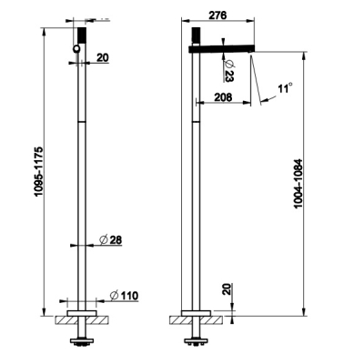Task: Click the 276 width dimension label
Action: point(217,15)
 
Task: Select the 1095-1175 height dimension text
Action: point(39,172)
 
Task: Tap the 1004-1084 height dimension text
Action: point(298,184)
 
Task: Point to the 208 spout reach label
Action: point(223,97)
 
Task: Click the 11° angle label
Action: point(285,88)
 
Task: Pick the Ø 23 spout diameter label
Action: point(228,70)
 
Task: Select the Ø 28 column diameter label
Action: point(111,240)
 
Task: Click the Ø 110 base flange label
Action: point(124,296)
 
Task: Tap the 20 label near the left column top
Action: point(103,57)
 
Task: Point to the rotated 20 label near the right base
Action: point(227,289)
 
